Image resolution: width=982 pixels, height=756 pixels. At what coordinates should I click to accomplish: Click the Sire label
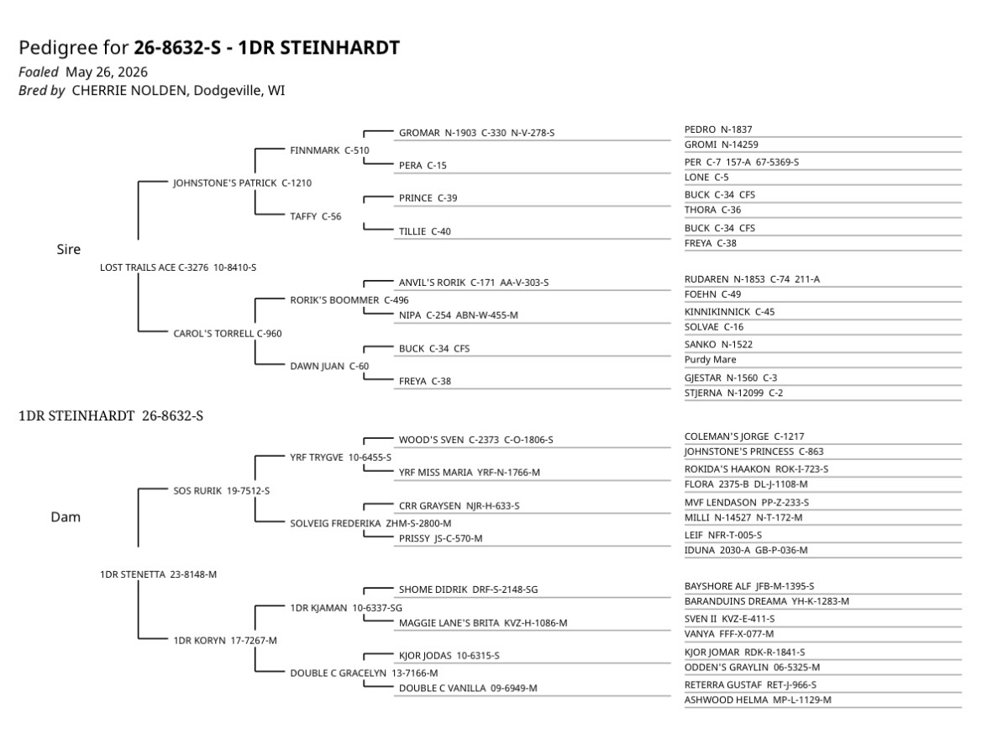68,250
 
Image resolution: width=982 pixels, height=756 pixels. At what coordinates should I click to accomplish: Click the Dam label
66,517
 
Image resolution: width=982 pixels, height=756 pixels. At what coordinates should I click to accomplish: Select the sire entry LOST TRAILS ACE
178,267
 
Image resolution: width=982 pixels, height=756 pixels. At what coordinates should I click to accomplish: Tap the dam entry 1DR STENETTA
159,574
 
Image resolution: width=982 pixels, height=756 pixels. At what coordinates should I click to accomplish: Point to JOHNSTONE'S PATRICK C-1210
243,183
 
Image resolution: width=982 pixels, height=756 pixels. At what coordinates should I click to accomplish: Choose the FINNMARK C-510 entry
329,151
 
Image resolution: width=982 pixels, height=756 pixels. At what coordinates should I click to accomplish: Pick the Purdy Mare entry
710,360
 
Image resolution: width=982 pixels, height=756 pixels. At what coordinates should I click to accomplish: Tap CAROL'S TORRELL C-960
228,334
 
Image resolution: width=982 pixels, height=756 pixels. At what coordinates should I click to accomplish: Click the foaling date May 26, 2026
107,72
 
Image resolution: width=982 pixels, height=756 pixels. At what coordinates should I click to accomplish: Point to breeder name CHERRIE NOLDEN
129,90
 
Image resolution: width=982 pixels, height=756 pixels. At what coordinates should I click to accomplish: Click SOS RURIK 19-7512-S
222,491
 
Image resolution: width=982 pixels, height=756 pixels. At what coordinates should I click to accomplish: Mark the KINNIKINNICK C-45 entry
730,311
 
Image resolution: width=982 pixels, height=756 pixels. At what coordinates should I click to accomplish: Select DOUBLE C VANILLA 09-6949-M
468,688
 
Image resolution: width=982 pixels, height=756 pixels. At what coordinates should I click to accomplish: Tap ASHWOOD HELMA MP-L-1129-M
758,700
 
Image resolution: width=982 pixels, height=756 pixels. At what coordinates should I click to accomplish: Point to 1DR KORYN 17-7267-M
225,641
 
